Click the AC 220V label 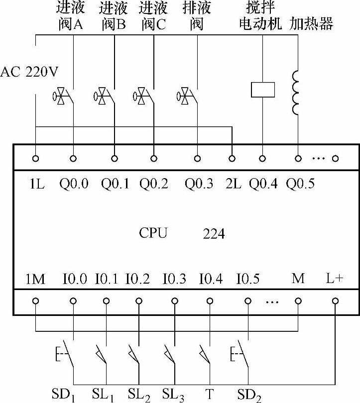point(29,72)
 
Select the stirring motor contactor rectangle point(262,90)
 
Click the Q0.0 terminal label point(73,184)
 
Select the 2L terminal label point(232,184)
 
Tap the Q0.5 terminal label point(300,184)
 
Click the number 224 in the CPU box point(214,233)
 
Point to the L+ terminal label point(335,278)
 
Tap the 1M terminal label point(35,279)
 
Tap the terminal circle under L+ point(335,301)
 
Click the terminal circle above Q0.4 point(262,159)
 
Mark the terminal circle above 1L point(36,159)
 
